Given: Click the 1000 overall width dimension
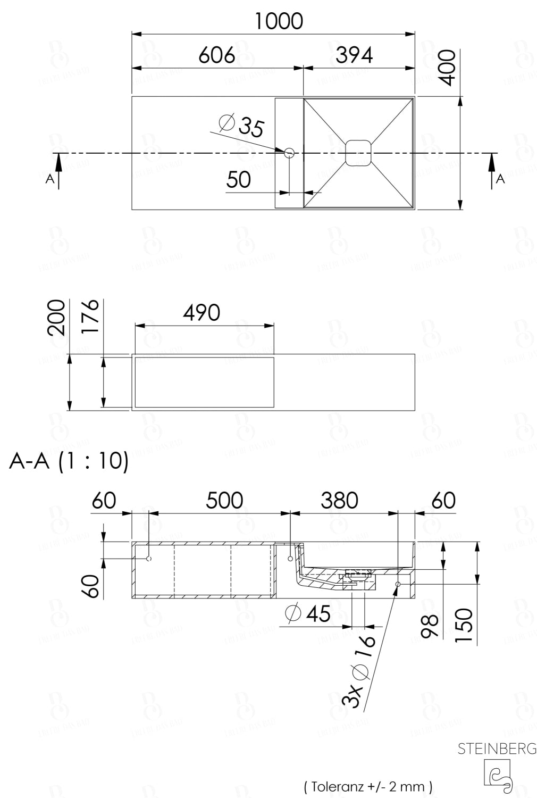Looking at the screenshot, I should (279, 21).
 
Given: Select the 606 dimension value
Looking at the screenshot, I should (216, 55).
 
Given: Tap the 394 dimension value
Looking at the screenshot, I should (354, 55).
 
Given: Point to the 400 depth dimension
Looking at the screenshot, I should (448, 68).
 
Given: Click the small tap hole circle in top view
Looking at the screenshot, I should (289, 153).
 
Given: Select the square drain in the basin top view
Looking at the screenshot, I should (358, 153).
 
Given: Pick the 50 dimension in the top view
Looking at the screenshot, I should (238, 180).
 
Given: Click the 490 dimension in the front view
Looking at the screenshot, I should (202, 313).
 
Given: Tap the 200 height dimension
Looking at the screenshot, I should (57, 318).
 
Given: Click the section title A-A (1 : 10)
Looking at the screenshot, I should (69, 461).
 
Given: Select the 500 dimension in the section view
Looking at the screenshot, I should (224, 501).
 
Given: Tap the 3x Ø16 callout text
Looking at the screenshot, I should (359, 671).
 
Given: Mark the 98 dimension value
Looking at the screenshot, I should (430, 626).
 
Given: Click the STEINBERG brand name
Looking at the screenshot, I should (497, 749).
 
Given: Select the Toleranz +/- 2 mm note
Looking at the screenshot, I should (368, 786).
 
